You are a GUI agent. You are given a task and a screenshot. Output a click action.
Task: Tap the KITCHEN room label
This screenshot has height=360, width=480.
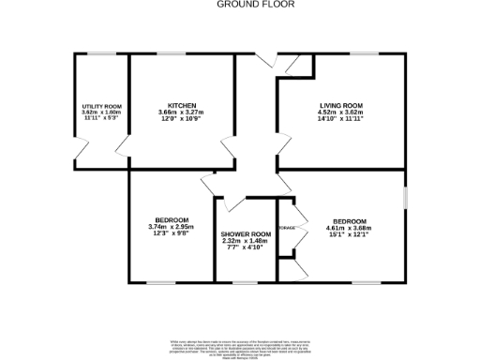[181, 105]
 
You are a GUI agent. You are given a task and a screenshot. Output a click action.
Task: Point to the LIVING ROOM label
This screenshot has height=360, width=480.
[341, 105]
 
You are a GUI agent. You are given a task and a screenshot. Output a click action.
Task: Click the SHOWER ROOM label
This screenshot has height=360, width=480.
[246, 233]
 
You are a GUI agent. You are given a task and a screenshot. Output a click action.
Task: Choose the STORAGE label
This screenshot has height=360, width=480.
[288, 228]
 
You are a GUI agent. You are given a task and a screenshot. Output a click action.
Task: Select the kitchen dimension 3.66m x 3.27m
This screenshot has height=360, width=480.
[181, 112]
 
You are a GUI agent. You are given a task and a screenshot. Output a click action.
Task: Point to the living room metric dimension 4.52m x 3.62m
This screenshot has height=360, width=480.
[341, 112]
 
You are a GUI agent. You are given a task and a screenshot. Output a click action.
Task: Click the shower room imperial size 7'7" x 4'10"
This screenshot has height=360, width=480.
[246, 248]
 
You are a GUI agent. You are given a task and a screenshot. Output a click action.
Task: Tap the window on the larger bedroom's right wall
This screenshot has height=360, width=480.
[405, 198]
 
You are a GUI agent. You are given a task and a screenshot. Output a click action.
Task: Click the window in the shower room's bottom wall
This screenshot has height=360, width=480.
[247, 281]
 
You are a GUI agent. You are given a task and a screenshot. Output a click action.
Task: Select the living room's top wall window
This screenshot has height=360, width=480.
[364, 53]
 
